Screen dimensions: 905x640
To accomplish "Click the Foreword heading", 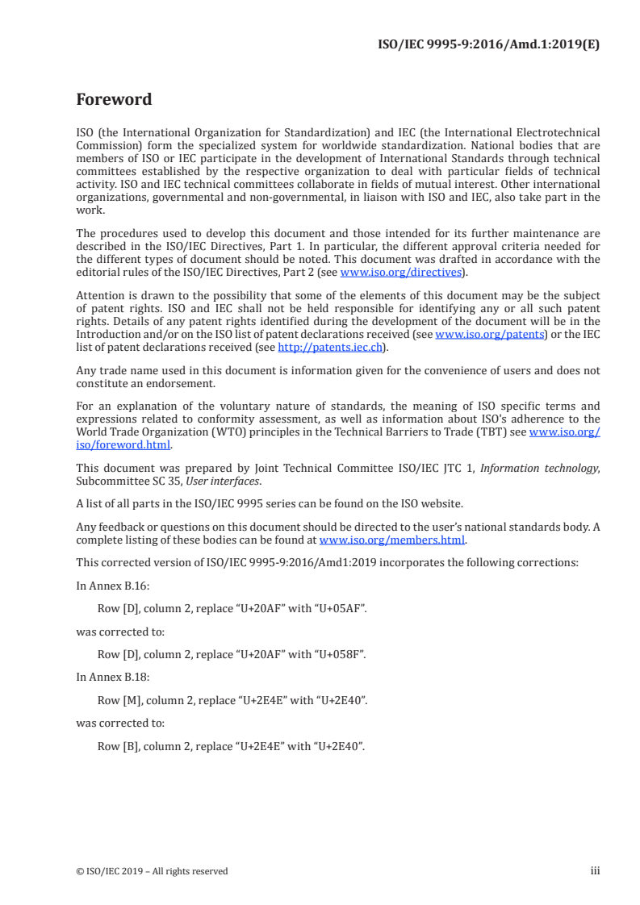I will (x=114, y=100).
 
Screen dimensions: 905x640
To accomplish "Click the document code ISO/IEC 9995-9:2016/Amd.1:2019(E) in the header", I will (x=489, y=45).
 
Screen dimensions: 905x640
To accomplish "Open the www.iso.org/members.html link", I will (x=392, y=540).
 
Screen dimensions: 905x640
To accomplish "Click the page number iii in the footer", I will (x=595, y=870).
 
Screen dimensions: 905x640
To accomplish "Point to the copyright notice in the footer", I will (x=152, y=871).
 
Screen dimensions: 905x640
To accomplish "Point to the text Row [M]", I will (x=119, y=699).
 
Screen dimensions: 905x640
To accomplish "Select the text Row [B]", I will (x=119, y=746).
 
